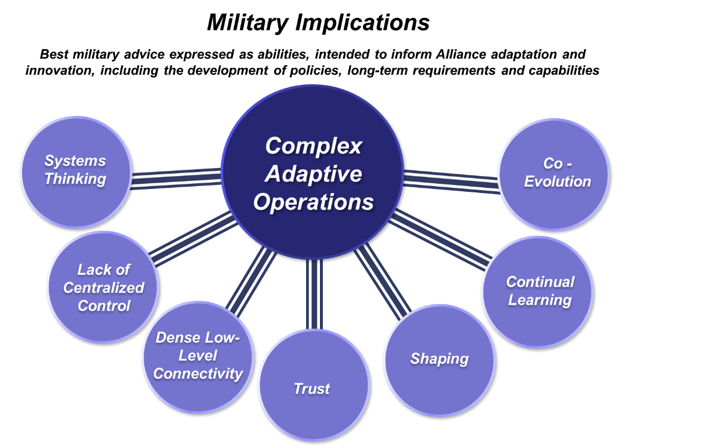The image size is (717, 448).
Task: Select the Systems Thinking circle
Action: pos(76,172)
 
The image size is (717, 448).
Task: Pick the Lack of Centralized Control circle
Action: pos(103,287)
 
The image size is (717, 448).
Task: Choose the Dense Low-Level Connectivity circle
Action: pos(198,356)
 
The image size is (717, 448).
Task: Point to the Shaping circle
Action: pos(439,359)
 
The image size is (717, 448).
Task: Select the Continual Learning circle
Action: pos(538,292)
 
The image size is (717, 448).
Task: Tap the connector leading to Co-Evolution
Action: pos(451,179)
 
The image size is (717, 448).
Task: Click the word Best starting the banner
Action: pos(53,55)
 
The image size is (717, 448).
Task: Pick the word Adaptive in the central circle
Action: pos(314,174)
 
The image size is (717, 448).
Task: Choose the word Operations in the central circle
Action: pos(314,202)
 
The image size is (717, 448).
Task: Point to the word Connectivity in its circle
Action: pos(198,374)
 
